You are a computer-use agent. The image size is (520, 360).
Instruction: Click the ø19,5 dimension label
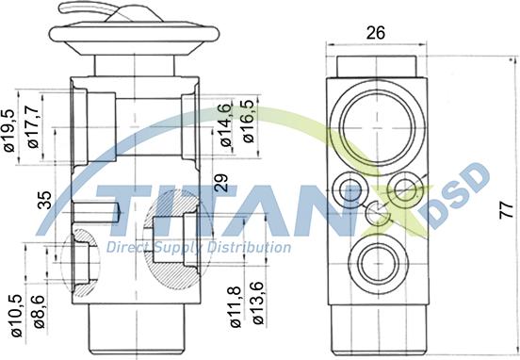tap(10, 130)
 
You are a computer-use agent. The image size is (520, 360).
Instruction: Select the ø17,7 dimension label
tap(34, 126)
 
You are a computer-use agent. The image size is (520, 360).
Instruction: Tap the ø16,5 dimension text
tap(249, 122)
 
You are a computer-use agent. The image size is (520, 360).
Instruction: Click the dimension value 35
tap(45, 200)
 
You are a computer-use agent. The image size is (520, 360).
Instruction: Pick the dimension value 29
tap(221, 183)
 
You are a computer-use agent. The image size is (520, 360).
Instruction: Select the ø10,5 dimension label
tap(17, 316)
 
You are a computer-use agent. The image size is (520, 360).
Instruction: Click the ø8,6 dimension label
tap(40, 312)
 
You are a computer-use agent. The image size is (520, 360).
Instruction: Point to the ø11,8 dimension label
tap(236, 307)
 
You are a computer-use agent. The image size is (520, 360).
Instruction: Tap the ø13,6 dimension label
tap(258, 303)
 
